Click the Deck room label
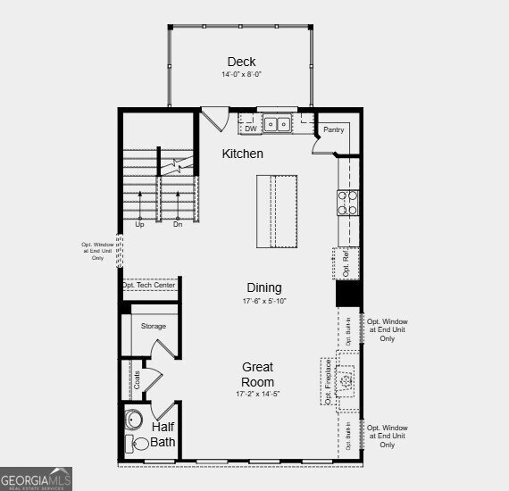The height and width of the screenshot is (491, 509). pos(241,62)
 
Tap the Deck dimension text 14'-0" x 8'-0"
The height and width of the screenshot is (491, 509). pos(241,74)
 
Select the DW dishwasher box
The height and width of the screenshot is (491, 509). pos(251,128)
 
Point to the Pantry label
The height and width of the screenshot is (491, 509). pos(333,130)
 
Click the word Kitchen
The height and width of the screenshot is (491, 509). pos(243,154)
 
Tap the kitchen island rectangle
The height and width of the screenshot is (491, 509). pos(278,212)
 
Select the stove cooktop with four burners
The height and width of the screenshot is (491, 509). pos(347,204)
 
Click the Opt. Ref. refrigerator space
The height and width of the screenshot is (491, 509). pos(346,262)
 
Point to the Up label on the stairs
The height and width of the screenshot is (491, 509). pos(139,224)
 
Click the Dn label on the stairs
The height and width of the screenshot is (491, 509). pos(178,224)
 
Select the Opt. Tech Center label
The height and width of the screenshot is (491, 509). pos(150,286)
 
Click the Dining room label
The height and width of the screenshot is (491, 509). pos(264,287)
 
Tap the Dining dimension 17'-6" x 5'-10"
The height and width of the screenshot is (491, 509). pos(264,301)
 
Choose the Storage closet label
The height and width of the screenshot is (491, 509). pos(154,326)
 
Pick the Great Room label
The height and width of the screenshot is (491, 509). pos(257,374)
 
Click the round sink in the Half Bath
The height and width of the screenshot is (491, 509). pos(136,419)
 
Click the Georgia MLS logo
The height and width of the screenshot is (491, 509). pos(37,481)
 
